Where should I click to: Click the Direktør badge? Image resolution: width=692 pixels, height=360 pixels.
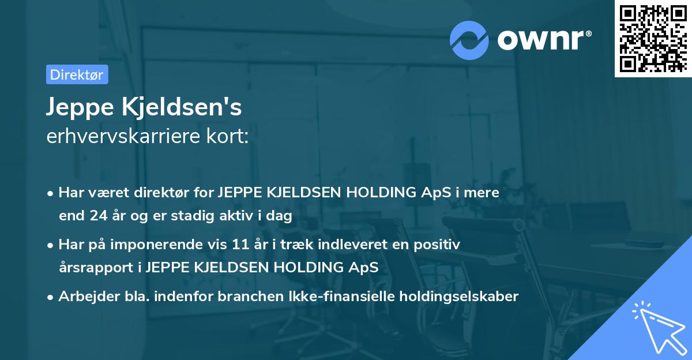[x=77, y=74]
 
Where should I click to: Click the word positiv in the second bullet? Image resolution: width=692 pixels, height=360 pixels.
[x=439, y=245]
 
